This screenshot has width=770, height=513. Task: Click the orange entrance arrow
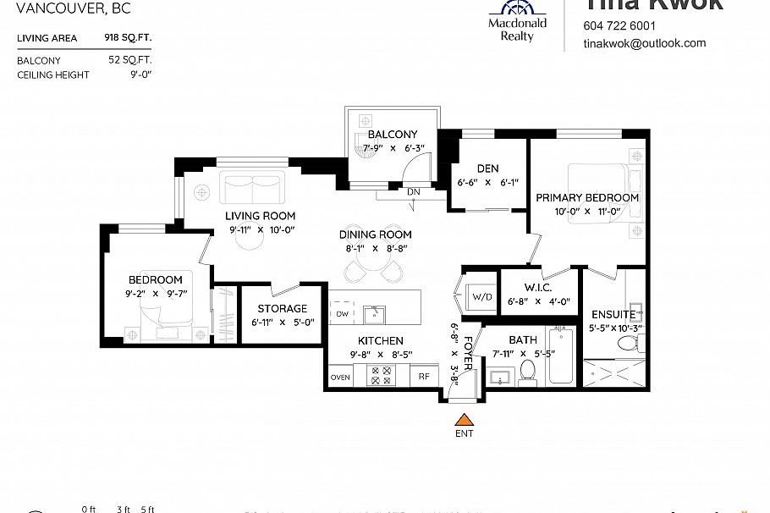[x=463, y=419]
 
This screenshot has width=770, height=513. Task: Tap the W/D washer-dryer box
[x=481, y=296]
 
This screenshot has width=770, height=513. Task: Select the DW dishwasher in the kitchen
[x=342, y=314]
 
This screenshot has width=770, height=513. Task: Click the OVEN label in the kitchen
[x=340, y=378]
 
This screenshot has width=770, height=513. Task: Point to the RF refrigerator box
[x=424, y=378]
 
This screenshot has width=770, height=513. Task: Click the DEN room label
[x=487, y=168]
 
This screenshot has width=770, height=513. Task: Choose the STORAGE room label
[x=282, y=309]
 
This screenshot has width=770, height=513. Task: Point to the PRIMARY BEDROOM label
[x=587, y=197]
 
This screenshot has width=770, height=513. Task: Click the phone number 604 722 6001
[x=619, y=25]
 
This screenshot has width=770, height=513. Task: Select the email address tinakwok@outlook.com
[x=644, y=43]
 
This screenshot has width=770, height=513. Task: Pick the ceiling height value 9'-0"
[x=141, y=75]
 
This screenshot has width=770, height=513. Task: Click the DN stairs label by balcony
[x=414, y=191]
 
